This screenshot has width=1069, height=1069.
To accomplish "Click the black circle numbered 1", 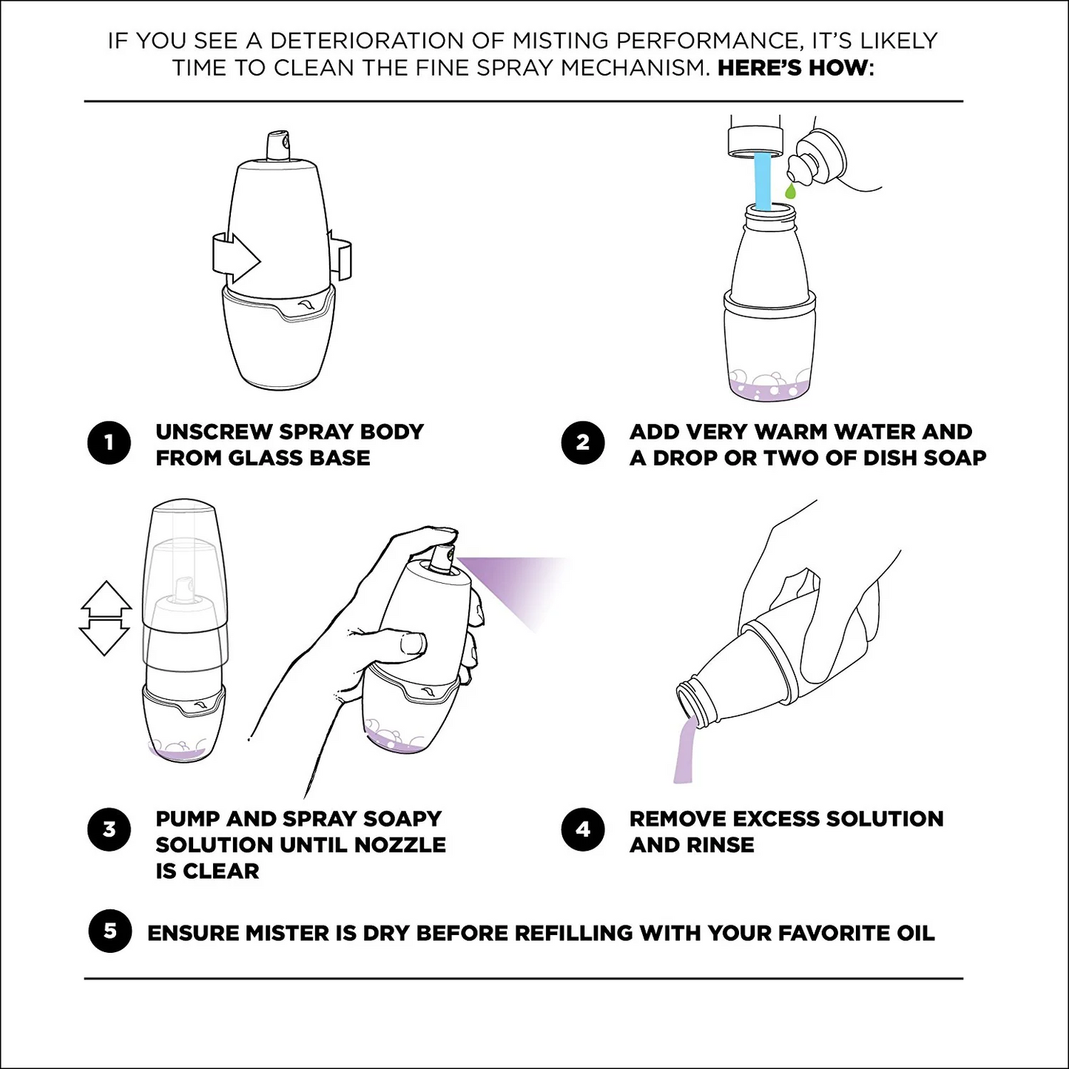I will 109,443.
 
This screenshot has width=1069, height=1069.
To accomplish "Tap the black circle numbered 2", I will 582,443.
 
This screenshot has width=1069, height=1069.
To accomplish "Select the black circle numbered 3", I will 109,829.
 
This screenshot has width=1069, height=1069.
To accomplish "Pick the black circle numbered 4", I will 582,829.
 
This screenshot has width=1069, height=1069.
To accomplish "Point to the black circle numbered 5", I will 109,931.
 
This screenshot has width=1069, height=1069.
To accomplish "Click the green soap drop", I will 790,192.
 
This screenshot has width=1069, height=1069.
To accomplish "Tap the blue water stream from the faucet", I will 762,181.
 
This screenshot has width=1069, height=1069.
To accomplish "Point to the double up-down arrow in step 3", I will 105,618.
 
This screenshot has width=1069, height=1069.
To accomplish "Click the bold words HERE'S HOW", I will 792,68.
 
